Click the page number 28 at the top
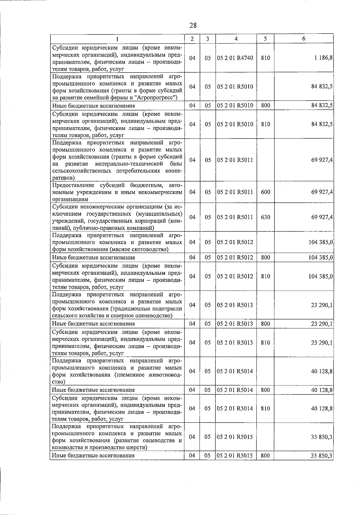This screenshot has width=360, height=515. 193,25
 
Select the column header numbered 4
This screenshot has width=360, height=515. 236,39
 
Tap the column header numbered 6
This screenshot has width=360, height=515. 304,39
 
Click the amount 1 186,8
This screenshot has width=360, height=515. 323,58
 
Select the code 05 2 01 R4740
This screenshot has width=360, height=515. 235,58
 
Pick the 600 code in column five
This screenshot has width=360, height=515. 265,192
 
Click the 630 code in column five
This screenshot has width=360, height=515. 265,217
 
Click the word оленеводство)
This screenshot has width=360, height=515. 155,316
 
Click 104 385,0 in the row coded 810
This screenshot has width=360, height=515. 321,276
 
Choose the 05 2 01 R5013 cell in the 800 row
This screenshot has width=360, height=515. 235,324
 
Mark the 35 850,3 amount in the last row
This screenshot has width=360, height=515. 322,455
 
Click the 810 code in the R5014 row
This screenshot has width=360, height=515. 265,409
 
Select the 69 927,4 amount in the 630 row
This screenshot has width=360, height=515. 322,217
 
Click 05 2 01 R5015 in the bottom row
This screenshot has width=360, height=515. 235,455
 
